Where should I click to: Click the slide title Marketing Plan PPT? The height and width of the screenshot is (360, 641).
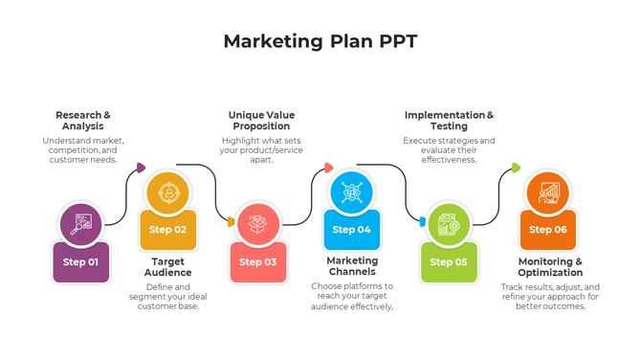click(320, 41)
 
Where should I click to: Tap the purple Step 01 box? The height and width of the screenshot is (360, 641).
click(80, 261)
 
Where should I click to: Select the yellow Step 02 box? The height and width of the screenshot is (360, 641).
click(168, 230)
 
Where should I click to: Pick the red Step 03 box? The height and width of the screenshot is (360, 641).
click(257, 261)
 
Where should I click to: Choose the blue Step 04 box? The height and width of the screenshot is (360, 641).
click(351, 230)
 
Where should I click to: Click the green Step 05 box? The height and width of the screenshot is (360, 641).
click(448, 261)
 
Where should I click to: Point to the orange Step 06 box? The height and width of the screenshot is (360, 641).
click(547, 230)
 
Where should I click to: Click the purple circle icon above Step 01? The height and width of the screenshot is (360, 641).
click(80, 222)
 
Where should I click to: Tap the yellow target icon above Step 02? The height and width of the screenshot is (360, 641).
click(168, 192)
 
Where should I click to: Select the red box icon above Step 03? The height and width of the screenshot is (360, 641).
click(257, 222)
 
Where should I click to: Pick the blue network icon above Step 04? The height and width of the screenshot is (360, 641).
click(351, 191)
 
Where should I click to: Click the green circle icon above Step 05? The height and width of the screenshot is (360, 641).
click(448, 223)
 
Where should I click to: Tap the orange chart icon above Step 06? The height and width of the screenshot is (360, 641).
click(547, 192)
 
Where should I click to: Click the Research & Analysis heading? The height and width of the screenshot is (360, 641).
click(83, 121)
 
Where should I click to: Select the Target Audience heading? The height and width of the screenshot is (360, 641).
click(168, 266)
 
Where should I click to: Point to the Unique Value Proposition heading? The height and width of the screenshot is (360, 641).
click(259, 121)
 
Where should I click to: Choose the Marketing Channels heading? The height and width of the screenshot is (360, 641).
click(352, 266)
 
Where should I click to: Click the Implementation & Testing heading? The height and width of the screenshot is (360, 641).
click(449, 121)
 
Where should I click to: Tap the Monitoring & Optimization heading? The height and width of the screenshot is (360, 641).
click(550, 266)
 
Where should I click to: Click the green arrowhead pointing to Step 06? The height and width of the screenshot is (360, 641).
click(516, 168)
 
